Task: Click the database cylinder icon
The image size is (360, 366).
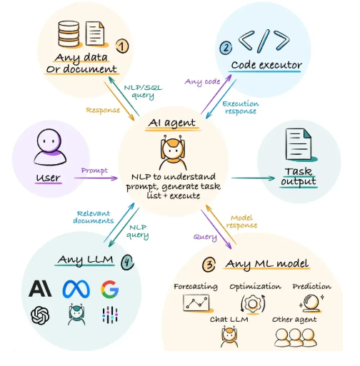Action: (69, 34)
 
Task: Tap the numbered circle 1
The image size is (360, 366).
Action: (122, 46)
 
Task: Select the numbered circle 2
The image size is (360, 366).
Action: (226, 48)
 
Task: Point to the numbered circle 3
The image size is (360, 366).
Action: (209, 265)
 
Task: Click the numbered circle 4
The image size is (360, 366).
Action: (127, 262)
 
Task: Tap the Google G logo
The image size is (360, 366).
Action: (110, 289)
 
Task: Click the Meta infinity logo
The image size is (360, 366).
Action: (76, 289)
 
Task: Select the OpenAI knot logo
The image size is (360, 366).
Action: (40, 315)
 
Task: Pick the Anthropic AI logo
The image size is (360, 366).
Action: (40, 288)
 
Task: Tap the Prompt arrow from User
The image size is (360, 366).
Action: (96, 178)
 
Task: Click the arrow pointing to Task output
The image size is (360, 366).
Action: (253, 178)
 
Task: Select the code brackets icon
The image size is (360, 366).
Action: (264, 41)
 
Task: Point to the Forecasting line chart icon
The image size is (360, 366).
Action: (196, 303)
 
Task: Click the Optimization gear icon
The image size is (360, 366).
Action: (253, 304)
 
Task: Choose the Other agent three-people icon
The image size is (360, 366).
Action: (296, 337)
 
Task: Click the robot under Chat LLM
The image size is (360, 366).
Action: (229, 337)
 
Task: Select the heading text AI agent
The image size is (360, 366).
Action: (172, 123)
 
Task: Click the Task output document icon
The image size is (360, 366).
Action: (299, 144)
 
